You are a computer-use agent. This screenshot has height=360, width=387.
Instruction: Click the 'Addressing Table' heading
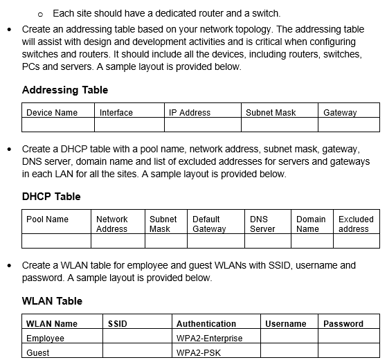coord(64,90)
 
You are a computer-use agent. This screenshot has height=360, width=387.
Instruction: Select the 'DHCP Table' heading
coord(51,197)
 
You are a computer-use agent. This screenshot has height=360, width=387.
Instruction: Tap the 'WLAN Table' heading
coord(52,301)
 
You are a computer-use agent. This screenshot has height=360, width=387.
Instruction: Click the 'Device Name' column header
coord(52,112)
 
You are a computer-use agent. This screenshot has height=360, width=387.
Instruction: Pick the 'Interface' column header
coord(116,112)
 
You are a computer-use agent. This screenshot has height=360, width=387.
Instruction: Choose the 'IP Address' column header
coord(190,112)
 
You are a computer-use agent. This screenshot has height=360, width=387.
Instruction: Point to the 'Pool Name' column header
coord(47,219)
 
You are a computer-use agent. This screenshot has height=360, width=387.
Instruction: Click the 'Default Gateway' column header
coord(209,224)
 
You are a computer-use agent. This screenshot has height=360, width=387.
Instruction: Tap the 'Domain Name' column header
coord(311,224)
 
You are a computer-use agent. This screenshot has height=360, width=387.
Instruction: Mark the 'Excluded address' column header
coord(356,224)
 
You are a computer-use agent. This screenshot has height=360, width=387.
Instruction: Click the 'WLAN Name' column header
coord(52,324)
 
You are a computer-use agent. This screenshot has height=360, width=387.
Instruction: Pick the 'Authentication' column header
coord(206,324)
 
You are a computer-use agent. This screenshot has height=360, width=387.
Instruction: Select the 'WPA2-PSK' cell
coord(197,353)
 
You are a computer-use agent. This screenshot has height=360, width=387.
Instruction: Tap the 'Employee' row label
coord(45,339)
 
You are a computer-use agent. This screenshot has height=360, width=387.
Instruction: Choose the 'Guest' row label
coord(38,353)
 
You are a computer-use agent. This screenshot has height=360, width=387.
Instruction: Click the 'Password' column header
coord(343,324)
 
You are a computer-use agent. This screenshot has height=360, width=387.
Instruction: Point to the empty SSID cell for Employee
coord(137,339)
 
